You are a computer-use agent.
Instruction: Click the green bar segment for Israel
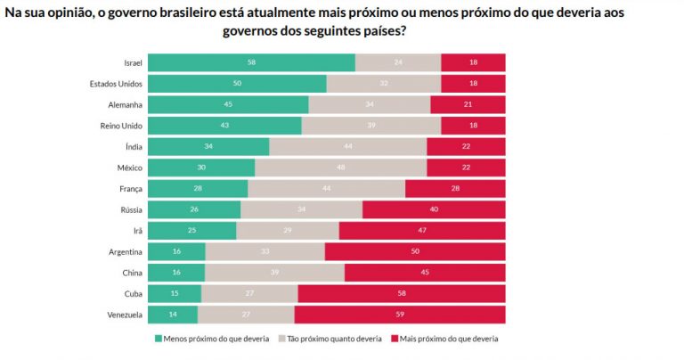click(251, 62)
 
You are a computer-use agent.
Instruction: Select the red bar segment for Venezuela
click(400, 314)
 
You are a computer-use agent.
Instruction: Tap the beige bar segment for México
click(340, 168)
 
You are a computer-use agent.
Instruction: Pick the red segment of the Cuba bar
click(402, 293)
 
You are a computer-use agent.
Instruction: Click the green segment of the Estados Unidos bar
click(237, 84)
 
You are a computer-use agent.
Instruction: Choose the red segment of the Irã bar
click(422, 230)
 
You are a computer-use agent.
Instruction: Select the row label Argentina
click(122, 251)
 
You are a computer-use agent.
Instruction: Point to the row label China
click(130, 272)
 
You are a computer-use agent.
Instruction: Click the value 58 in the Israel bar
click(252, 62)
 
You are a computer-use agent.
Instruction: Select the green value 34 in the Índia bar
click(208, 146)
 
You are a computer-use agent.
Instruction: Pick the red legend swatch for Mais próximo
click(393, 339)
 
